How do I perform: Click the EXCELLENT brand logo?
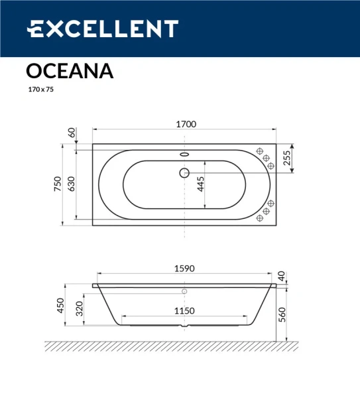[102, 29]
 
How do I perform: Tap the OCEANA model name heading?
[69, 71]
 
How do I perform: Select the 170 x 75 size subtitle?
[40, 90]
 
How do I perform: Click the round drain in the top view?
[184, 174]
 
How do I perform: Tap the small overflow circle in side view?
[184, 291]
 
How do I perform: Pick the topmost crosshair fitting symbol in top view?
[260, 151]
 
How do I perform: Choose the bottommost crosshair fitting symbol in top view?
[259, 218]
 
